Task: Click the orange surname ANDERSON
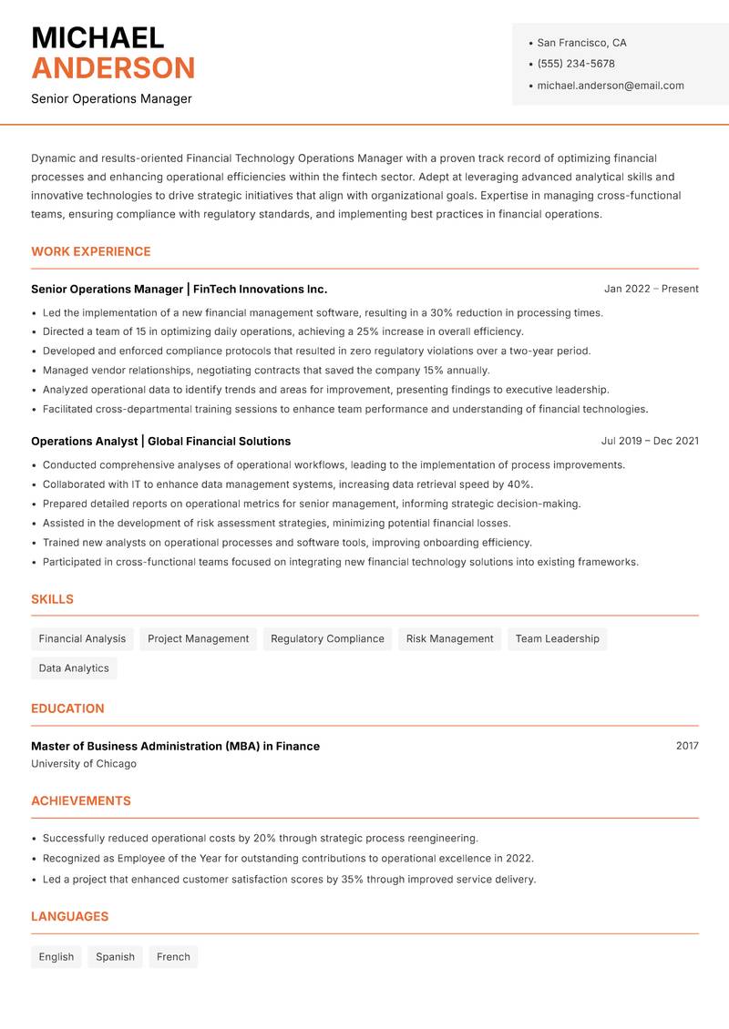[113, 68]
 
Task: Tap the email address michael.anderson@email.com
[610, 86]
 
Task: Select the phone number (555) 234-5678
[575, 64]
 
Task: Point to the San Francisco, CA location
[581, 43]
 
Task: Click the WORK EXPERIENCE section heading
[91, 251]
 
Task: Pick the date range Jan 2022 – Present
[651, 289]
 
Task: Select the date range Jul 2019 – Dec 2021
[649, 441]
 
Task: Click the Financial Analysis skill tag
[82, 638]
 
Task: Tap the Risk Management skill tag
[449, 638]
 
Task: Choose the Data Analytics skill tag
[74, 668]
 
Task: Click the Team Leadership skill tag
[557, 638]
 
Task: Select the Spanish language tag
[115, 957]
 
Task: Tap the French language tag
[173, 957]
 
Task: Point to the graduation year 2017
[687, 746]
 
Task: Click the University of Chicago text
[84, 764]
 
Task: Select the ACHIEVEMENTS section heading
[81, 801]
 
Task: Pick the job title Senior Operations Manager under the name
[111, 98]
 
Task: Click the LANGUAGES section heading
[69, 917]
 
